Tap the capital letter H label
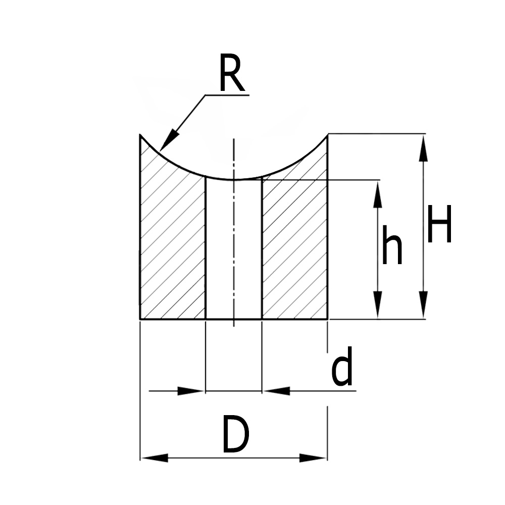439,224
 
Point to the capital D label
235,436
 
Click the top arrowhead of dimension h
377,195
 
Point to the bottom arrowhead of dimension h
377,305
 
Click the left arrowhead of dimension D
155,458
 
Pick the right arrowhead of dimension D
313,458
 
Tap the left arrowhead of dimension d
191,391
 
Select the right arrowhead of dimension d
277,391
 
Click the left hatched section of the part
172,242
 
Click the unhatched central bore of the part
234,252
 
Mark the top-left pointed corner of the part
140,135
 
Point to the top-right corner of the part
327,135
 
